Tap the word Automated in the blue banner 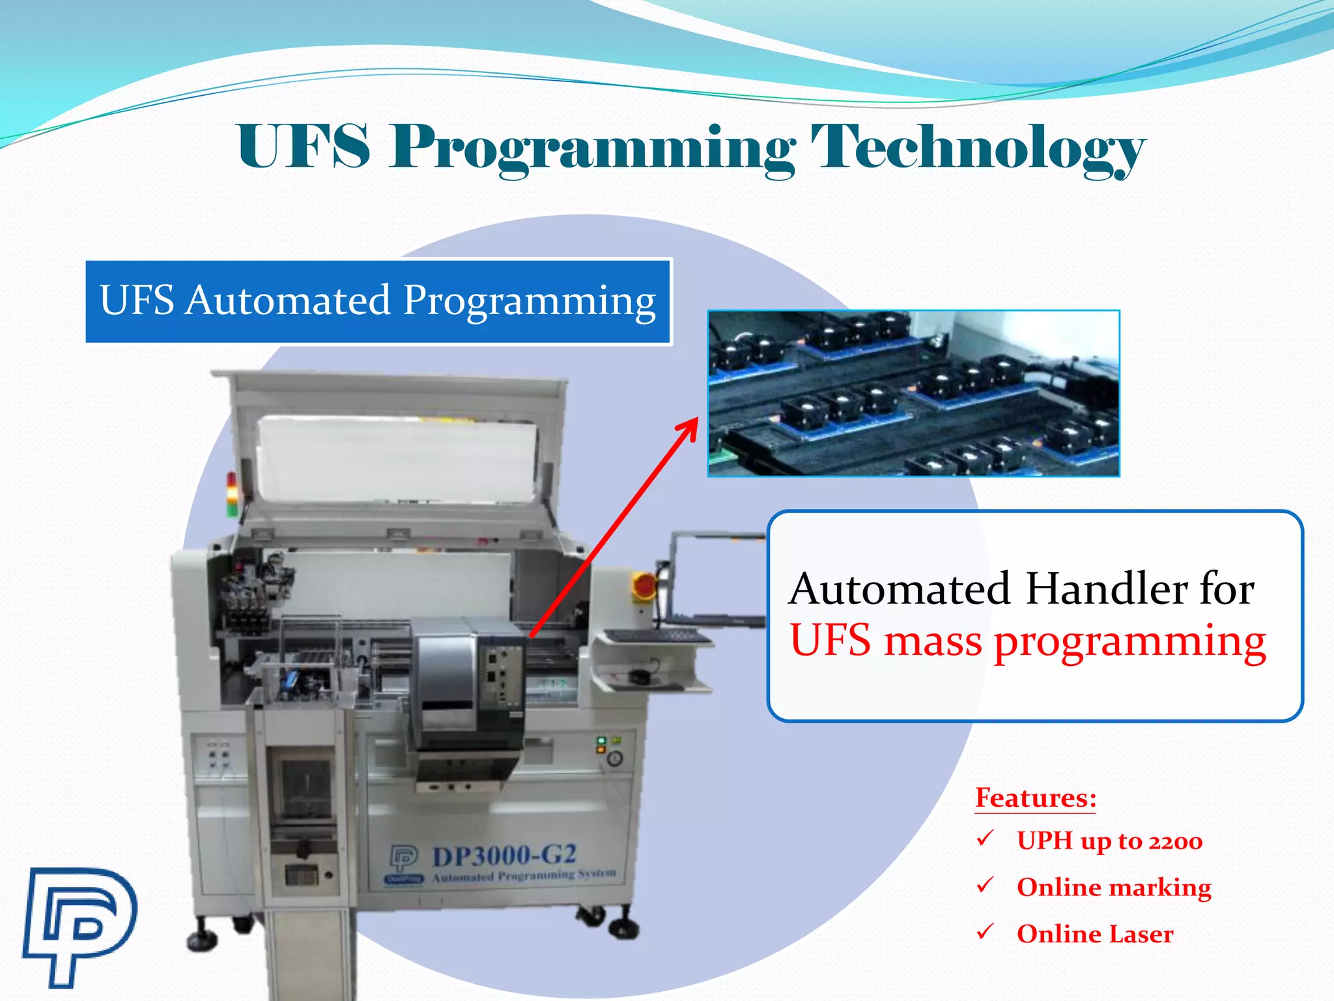(x=288, y=300)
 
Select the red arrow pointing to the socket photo (x=612, y=528)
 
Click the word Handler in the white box (x=1107, y=588)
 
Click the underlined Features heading (x=1036, y=798)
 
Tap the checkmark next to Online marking (x=985, y=885)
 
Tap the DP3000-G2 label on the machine (x=504, y=855)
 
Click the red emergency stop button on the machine (x=644, y=585)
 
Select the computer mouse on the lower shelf (x=639, y=677)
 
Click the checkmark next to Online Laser (x=985, y=931)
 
